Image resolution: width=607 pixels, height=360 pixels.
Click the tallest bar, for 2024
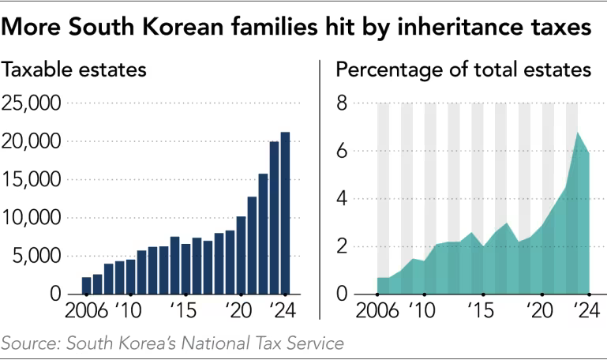point(285,213)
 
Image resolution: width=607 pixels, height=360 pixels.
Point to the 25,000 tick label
point(32,103)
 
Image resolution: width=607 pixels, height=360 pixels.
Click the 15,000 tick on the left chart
point(32,180)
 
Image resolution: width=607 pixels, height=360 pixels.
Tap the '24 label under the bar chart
point(280,308)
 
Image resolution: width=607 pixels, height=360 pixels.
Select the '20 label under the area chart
point(541,308)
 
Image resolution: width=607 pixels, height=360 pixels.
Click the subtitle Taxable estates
point(76,69)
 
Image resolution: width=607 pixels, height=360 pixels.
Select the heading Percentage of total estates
point(464,69)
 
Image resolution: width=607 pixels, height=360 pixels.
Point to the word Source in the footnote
point(29,343)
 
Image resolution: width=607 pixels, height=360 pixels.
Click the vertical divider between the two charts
point(319,189)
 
